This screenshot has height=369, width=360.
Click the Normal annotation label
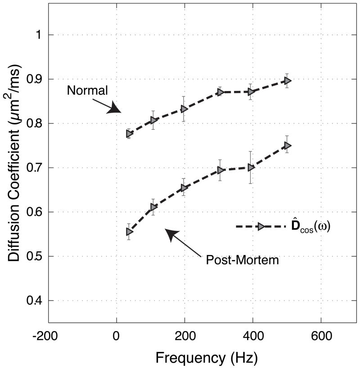click(87, 90)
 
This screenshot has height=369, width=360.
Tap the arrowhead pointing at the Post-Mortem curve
click(171, 234)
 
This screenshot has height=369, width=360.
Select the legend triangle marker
click(261, 227)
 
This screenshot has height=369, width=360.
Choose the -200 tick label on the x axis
click(48, 335)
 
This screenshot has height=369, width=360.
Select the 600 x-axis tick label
click(320, 335)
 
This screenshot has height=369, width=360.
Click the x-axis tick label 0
click(117, 335)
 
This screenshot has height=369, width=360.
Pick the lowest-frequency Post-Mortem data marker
click(129, 232)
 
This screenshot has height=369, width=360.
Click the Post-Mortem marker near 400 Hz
click(251, 167)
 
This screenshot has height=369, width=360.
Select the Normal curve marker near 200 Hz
click(184, 109)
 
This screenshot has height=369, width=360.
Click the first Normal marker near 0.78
click(129, 134)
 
